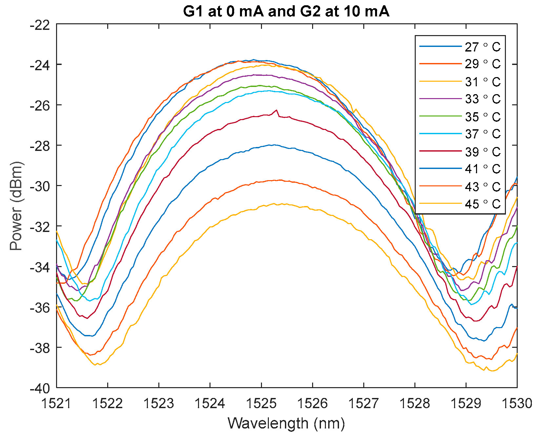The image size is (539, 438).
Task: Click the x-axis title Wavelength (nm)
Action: (286, 423)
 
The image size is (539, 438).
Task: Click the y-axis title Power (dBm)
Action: (16, 206)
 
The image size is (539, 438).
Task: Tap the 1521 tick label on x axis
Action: (56, 403)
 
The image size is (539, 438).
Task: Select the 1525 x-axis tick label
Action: (261, 403)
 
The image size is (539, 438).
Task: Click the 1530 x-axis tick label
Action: (517, 403)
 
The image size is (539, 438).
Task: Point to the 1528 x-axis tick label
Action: (415, 403)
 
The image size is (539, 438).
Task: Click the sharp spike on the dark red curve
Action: (276, 110)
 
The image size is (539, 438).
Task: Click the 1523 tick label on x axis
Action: (159, 403)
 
